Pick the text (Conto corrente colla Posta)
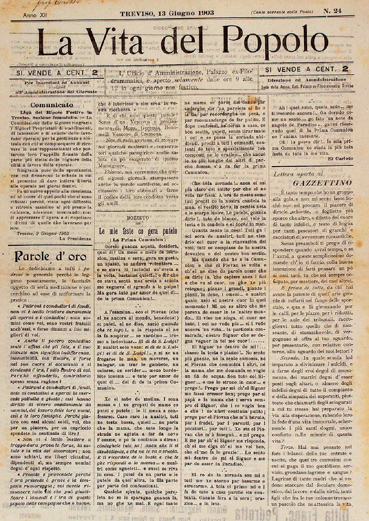coord(282,12)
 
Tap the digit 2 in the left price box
coord(94,73)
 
